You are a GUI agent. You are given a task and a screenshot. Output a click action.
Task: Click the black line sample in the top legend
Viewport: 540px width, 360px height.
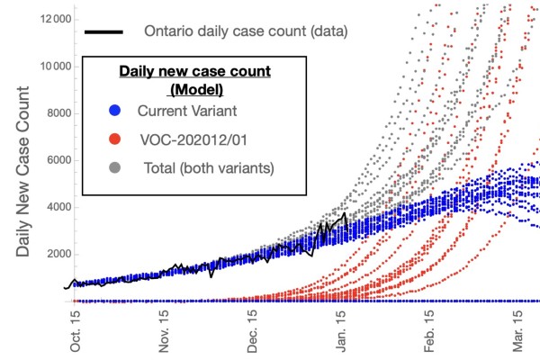[x=104, y=32]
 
